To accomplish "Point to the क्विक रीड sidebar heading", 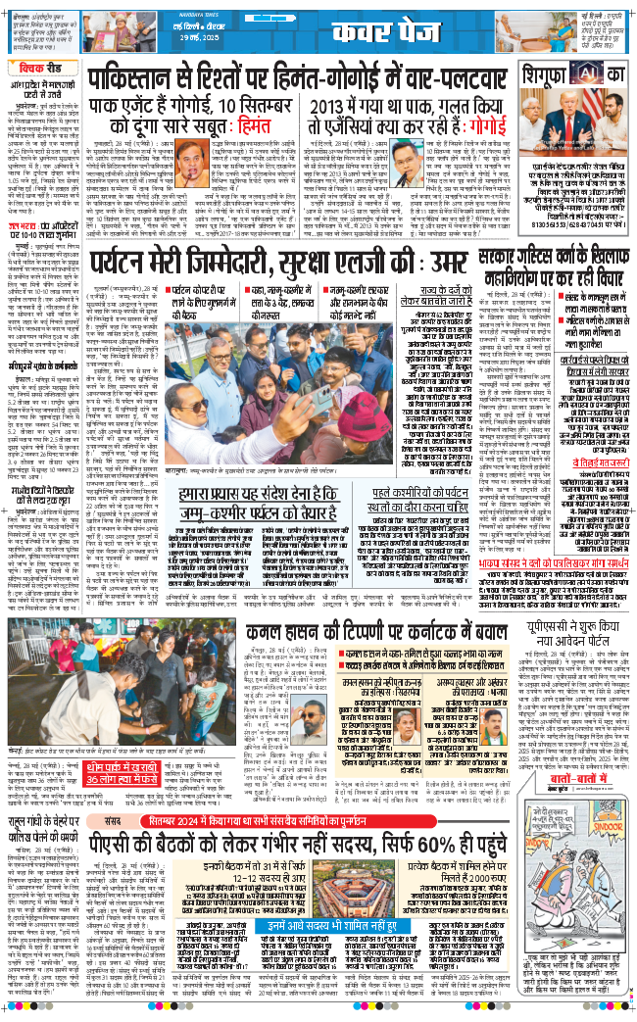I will click(x=40, y=70).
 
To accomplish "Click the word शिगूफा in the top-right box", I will click(x=542, y=73).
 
